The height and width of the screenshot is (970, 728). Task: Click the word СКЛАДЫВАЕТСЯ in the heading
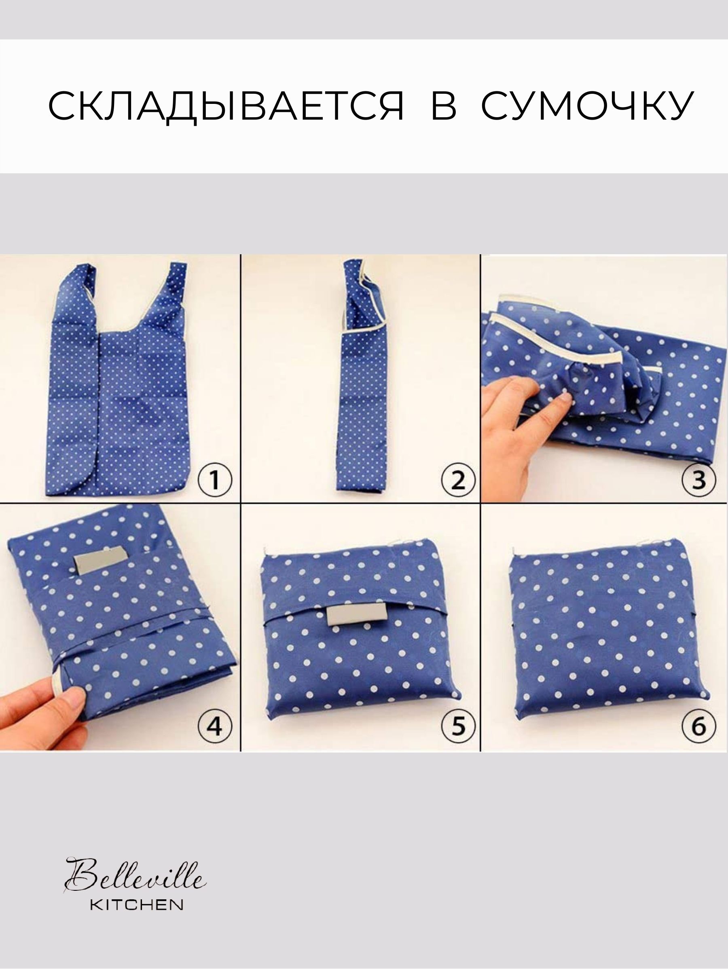(x=226, y=106)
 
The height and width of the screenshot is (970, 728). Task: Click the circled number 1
(x=215, y=479)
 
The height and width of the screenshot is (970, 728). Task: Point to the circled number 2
(x=458, y=479)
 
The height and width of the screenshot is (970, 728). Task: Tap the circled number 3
(x=698, y=479)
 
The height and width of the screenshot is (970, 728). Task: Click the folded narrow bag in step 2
(x=361, y=377)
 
